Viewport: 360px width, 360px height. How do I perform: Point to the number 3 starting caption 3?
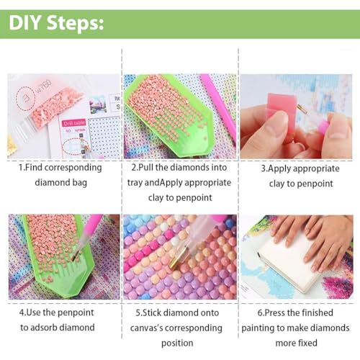(x=264, y=168)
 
